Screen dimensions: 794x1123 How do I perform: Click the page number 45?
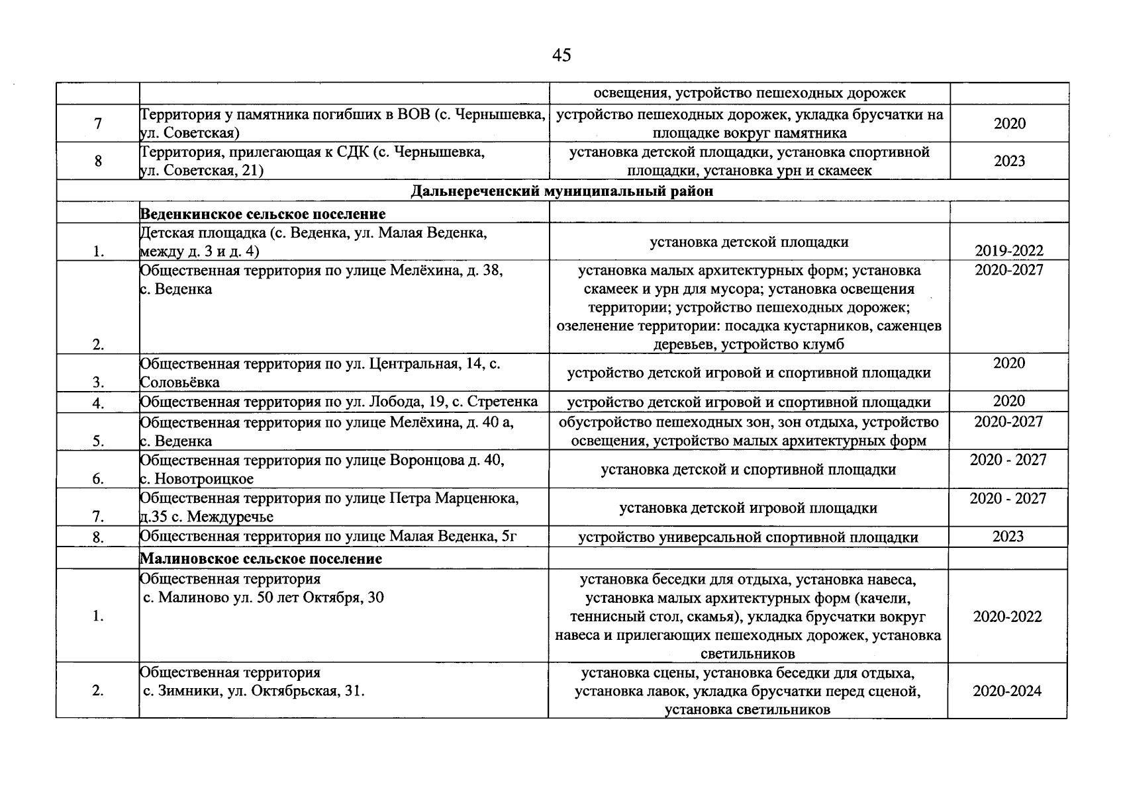[x=561, y=56]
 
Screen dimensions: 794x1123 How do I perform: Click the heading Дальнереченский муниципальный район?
[x=561, y=192]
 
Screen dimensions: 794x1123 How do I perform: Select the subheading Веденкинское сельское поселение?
[x=263, y=214]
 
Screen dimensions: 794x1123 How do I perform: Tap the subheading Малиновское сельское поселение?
[x=261, y=559]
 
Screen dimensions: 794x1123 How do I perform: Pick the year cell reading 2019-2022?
[x=1008, y=251]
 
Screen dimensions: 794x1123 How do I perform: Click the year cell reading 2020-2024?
[x=1006, y=691]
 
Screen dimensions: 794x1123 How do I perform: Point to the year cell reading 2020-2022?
[x=1007, y=617]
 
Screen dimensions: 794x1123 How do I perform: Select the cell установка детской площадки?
[x=749, y=242]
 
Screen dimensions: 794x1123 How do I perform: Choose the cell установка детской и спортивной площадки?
[x=748, y=470]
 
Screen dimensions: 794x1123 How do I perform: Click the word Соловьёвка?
[x=179, y=382]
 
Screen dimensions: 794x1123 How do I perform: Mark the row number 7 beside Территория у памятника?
[x=98, y=124]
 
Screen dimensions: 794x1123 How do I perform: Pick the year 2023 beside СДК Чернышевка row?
[x=1008, y=161]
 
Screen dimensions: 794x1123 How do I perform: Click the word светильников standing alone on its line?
[x=748, y=654]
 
